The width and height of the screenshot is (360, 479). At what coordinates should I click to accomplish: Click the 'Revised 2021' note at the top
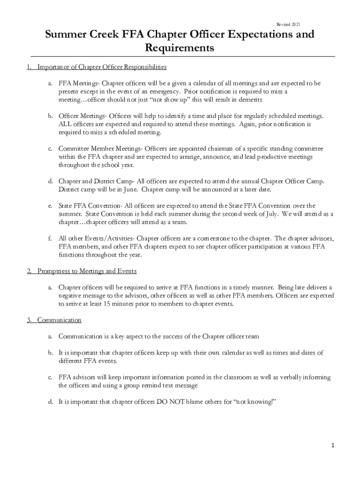289,24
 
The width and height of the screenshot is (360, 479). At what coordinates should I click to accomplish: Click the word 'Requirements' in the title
180,48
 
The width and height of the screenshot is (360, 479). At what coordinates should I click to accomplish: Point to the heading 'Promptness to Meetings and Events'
86,271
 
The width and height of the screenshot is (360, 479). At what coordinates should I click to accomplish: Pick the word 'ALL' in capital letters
64,124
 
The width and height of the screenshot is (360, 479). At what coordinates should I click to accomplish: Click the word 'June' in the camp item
127,189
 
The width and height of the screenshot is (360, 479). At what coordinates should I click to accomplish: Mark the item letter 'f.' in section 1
50,238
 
